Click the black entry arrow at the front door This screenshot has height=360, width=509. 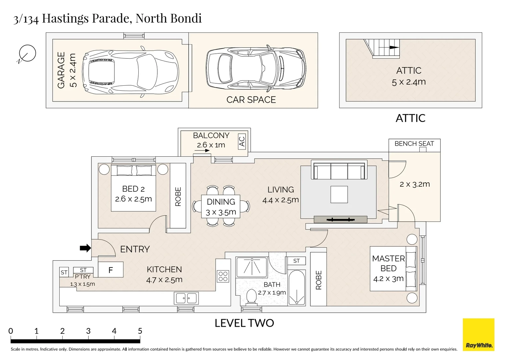85,248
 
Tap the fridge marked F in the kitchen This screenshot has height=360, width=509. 111,270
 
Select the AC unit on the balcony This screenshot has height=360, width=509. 242,142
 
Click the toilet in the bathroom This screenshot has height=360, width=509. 251,296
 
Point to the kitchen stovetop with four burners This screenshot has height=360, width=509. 223,276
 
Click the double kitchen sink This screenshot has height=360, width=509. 186,298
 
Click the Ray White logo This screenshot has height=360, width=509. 478,335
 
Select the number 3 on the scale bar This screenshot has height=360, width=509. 88,331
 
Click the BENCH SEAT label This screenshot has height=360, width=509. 414,144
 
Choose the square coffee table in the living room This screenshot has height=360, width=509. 339,195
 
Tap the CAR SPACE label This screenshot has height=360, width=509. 251,100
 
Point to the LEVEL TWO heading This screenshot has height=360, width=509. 244,323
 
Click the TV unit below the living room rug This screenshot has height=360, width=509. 340,219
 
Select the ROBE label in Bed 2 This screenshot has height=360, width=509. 178,196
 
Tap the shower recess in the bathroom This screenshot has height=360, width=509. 252,267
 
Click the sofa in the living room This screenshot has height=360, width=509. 339,170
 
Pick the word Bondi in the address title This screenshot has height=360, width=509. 185,18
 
